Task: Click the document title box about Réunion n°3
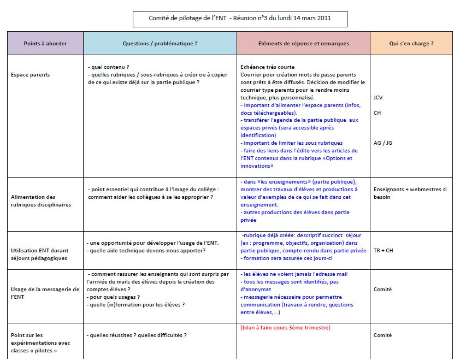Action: pos(240,19)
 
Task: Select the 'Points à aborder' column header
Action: pos(45,43)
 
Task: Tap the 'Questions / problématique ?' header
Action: pos(160,43)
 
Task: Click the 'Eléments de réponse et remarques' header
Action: pos(303,43)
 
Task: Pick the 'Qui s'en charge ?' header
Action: pos(411,43)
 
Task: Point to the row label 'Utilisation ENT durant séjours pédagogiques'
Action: pos(40,254)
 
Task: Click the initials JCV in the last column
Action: pos(378,97)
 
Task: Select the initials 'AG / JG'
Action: pos(382,143)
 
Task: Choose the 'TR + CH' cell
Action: pos(383,251)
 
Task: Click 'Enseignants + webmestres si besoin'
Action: pos(410,193)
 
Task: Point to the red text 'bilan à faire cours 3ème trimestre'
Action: pos(285,328)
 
